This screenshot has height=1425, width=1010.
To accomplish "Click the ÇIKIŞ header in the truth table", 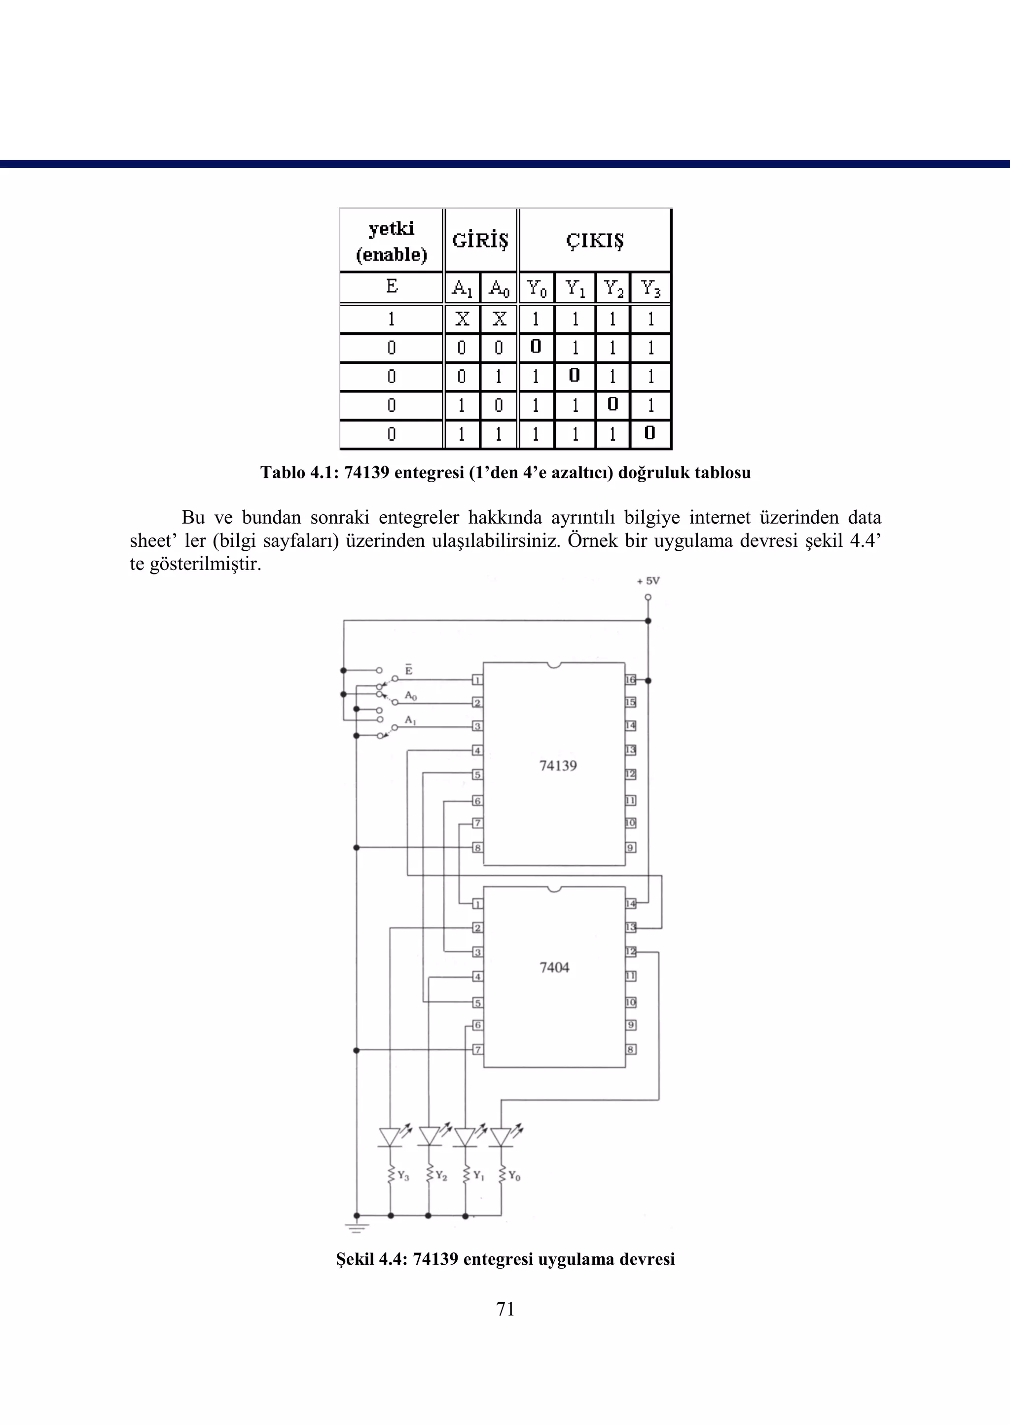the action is click(x=595, y=241).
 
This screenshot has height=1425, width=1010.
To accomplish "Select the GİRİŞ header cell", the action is click(x=480, y=241).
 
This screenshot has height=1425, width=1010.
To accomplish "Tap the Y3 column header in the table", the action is click(x=650, y=288).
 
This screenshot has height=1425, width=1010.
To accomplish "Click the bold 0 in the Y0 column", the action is click(x=536, y=346).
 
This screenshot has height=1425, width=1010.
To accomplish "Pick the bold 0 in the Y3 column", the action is click(x=650, y=433).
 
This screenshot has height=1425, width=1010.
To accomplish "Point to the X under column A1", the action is click(x=462, y=319).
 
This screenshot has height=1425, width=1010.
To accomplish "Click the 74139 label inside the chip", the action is click(x=558, y=766).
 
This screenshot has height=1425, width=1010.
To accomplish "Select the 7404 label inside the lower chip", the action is click(x=554, y=967).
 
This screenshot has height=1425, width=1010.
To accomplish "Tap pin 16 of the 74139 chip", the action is click(x=631, y=680).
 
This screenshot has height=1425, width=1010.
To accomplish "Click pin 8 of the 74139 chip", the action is click(x=477, y=848).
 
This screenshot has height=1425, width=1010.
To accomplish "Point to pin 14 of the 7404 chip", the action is click(x=631, y=903).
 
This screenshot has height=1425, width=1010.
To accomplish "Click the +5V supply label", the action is click(x=648, y=581).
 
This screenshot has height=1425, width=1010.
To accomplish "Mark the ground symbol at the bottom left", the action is click(x=357, y=1227).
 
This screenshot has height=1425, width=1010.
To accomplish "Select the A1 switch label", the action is click(x=410, y=720).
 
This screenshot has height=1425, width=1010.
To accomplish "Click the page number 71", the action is click(x=505, y=1309).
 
